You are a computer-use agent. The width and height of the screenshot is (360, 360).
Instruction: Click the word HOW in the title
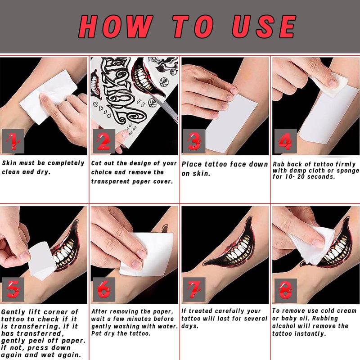(x=116, y=27)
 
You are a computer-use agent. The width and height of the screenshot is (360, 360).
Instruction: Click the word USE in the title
(x=264, y=27)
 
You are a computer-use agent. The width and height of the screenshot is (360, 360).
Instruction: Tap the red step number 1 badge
(x=13, y=141)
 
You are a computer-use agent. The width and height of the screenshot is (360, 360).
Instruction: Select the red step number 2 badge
(x=104, y=141)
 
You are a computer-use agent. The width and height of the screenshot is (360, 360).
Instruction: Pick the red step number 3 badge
(x=194, y=141)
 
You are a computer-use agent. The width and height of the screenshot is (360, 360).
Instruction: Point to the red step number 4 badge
(x=285, y=141)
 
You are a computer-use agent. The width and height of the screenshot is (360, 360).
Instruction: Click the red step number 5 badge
(x=13, y=289)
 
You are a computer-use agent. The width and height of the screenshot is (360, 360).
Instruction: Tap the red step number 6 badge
(x=104, y=289)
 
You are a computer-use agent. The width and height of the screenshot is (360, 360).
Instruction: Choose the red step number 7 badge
(x=194, y=289)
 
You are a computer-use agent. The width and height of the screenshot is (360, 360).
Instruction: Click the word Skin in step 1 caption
(x=9, y=163)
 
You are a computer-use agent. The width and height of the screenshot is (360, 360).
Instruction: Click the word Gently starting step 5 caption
(x=13, y=312)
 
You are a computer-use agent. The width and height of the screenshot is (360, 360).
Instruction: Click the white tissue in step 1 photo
(x=48, y=96)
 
